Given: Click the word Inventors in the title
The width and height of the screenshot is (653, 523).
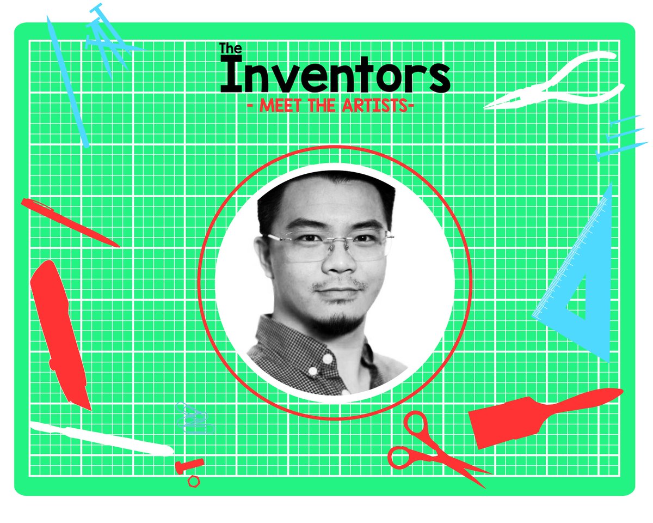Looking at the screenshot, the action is point(335,75).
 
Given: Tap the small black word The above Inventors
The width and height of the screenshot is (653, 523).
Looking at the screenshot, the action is point(230,48).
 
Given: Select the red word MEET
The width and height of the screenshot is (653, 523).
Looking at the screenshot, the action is point(280,106).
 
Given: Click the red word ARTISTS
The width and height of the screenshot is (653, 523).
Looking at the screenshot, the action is point(375,106).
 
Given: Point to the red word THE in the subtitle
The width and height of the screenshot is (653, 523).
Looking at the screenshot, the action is point(322,106).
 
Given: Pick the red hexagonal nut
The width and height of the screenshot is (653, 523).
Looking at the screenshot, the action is point(194,482).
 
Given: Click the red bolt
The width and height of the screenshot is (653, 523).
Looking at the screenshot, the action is point(189,466).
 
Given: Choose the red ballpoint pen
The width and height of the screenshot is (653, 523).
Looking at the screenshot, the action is point(70,222).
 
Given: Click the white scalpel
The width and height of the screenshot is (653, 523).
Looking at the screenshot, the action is point(102,439).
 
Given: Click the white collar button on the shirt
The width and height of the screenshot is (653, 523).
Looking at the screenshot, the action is point(328,359).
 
